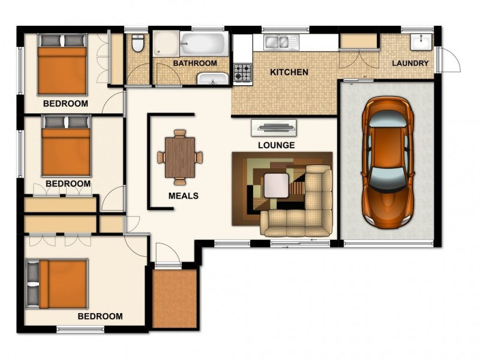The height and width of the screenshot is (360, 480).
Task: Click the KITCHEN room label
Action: tap(289, 73)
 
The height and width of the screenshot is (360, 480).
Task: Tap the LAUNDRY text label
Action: tap(410, 64)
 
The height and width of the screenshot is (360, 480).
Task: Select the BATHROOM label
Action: tap(195, 63)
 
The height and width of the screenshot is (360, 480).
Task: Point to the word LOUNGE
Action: tap(276, 145)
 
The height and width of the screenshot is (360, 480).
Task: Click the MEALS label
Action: tap(183, 196)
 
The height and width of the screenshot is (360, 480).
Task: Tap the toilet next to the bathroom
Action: tap(137, 43)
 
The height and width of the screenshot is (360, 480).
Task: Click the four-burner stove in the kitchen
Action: tap(243, 73)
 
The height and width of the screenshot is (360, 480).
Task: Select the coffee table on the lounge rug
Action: tap(277, 185)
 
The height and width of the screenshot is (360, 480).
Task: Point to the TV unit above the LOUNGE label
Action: tap(274, 127)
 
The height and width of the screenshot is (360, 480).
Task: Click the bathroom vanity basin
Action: tap(213, 79)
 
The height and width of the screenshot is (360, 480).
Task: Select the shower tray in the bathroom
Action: tap(165, 44)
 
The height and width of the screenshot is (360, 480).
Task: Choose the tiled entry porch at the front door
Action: tap(175, 298)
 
